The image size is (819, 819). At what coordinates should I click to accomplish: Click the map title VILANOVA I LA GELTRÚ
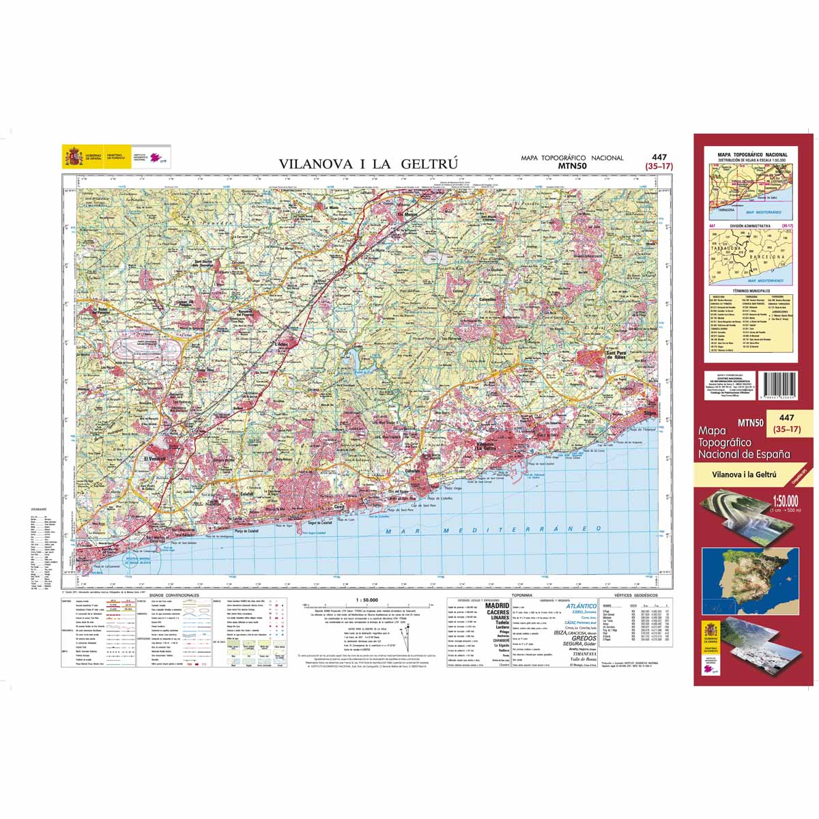coord(367,164)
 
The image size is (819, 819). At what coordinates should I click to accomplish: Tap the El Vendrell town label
coord(155,459)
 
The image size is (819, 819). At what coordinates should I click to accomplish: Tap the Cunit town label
coord(339,507)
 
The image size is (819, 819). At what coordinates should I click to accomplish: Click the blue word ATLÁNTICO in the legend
coord(581,605)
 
